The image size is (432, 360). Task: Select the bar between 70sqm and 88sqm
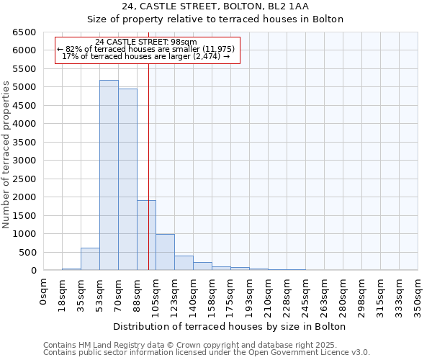[127, 179]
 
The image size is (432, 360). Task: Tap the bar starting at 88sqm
[146, 235]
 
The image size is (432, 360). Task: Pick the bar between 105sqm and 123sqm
[165, 252]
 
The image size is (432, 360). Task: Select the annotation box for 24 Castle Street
[146, 49]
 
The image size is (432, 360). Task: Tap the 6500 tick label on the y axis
[24, 32]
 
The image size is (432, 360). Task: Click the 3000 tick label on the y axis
[24, 161]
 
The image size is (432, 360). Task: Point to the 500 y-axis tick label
[27, 252]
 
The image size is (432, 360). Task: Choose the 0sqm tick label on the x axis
[44, 292]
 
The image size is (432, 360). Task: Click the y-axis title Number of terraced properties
[7, 155]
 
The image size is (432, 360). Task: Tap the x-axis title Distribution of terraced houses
[230, 326]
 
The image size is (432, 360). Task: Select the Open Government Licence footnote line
[207, 352]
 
